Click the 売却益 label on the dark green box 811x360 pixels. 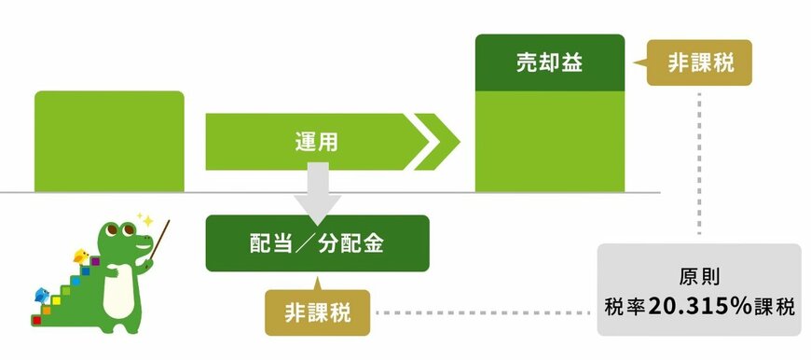coord(549,63)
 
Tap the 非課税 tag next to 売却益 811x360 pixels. coord(699,63)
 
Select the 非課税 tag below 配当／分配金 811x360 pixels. coord(317,312)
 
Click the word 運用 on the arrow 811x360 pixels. coord(312,143)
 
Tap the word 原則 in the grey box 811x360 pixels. coord(699,278)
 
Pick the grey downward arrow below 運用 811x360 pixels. coord(317,187)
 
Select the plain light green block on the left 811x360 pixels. coord(109,141)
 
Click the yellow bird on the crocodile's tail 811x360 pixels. coord(81,256)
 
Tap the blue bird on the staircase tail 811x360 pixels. coord(41,296)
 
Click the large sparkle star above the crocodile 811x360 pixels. coord(144,218)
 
